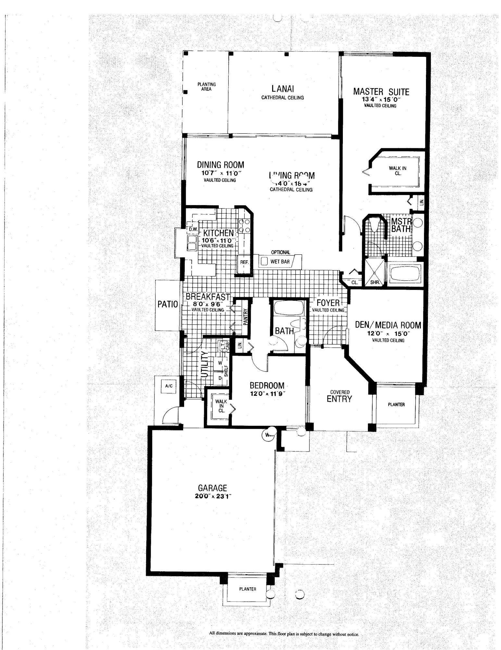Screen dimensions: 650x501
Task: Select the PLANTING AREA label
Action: (207, 87)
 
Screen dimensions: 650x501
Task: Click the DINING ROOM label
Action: (220, 165)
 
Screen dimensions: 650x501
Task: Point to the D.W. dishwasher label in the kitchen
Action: (193, 229)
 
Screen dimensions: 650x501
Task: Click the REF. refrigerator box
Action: (244, 262)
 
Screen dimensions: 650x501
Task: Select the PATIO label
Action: (168, 304)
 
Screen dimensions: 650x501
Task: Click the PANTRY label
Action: (245, 316)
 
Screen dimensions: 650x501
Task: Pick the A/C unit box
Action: (169, 386)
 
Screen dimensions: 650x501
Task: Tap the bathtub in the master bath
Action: (405, 274)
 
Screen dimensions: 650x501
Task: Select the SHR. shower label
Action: (375, 282)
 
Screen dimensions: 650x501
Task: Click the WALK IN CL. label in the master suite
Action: (397, 171)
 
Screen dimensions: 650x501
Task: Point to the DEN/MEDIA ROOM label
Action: (388, 325)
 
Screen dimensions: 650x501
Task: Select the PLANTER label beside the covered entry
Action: (396, 405)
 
